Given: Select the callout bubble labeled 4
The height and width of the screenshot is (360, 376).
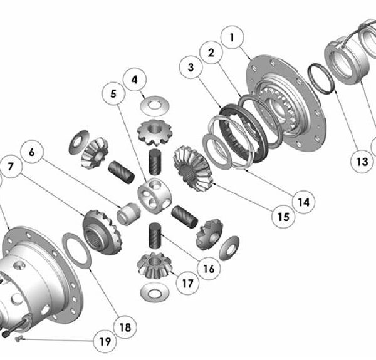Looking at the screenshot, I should (x=136, y=80).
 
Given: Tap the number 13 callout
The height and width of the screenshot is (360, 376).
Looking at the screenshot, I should (x=362, y=162).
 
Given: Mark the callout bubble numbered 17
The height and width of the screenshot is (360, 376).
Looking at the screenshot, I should (x=186, y=283).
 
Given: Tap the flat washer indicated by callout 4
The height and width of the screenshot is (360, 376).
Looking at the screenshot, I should (x=150, y=101).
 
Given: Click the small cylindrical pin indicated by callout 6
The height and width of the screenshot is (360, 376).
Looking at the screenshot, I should (x=128, y=213).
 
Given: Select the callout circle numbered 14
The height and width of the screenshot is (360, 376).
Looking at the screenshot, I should (x=303, y=202).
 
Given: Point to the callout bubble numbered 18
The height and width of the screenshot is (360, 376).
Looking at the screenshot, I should (x=125, y=326).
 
